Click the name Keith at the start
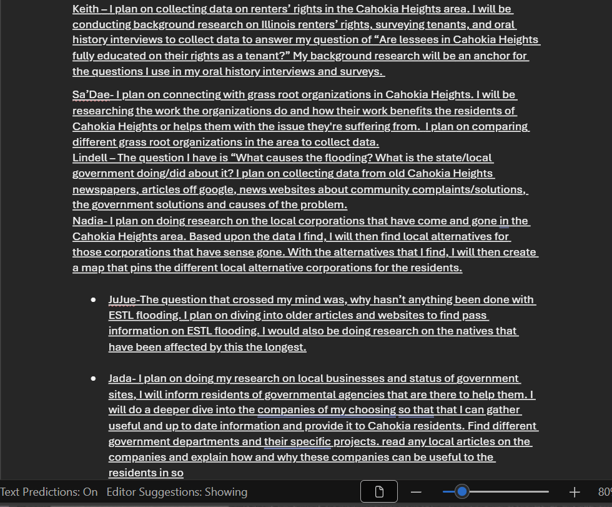pyautogui.click(x=84, y=9)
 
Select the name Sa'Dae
pyautogui.click(x=89, y=95)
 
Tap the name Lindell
pyautogui.click(x=89, y=158)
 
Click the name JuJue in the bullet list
pyautogui.click(x=123, y=299)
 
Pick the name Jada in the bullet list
pyautogui.click(x=120, y=378)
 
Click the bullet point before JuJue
pyautogui.click(x=93, y=300)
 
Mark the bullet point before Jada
pyautogui.click(x=93, y=379)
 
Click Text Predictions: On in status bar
pyautogui.click(x=49, y=492)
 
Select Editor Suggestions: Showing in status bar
pyautogui.click(x=177, y=492)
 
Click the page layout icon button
pyautogui.click(x=378, y=492)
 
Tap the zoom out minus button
pyautogui.click(x=416, y=492)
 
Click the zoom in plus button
pyautogui.click(x=575, y=492)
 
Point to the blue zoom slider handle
pyautogui.click(x=462, y=492)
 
